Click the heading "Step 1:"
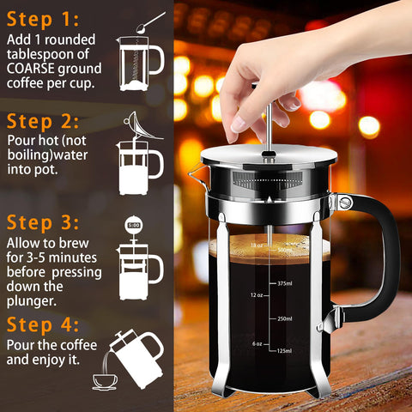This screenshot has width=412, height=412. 43,18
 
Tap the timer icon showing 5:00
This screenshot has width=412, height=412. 133,226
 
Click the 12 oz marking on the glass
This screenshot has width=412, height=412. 256,294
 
